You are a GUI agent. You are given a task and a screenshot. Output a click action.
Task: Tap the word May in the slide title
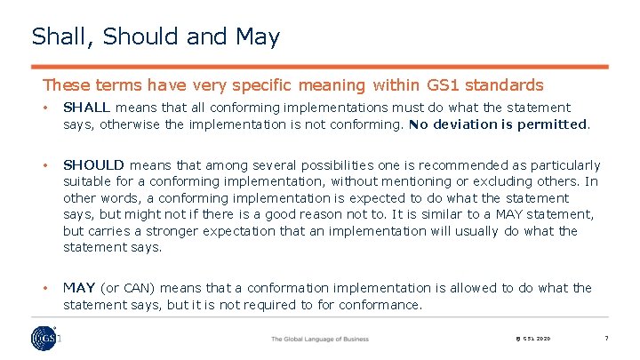tap(258, 37)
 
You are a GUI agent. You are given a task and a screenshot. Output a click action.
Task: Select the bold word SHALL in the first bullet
tap(85, 107)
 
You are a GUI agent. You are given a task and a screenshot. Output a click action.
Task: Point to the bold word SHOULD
tap(95, 165)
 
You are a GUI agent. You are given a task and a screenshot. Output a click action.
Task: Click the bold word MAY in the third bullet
tap(79, 288)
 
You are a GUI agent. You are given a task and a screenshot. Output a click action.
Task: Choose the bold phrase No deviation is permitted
tap(499, 124)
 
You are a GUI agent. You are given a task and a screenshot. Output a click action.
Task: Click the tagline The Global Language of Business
tap(319, 340)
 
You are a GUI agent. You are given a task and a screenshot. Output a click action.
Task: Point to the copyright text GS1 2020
tap(533, 340)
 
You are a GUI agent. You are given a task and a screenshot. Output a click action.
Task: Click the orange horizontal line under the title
tap(320, 67)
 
